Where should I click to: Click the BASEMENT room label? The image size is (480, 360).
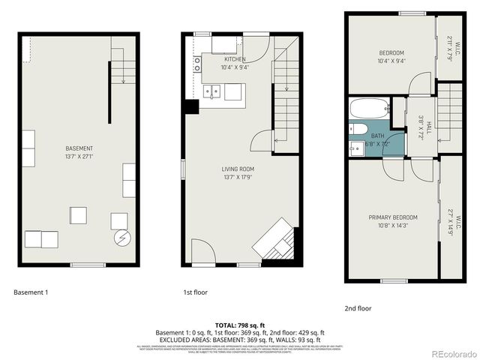pos(79,148)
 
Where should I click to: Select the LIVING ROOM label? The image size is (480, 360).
pos(238,169)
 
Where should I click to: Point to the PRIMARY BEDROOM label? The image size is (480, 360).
pos(393,217)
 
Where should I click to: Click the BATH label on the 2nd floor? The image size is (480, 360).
pos(377,136)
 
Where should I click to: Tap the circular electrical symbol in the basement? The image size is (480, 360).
pos(121,239)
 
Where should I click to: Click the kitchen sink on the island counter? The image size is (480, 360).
pos(214,92)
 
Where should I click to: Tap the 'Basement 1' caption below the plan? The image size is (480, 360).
pos(31,292)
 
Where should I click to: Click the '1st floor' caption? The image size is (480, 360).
pos(195,292)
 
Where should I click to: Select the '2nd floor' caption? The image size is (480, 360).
pos(358,308)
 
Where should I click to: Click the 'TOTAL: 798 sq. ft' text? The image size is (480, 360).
pos(240,325)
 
